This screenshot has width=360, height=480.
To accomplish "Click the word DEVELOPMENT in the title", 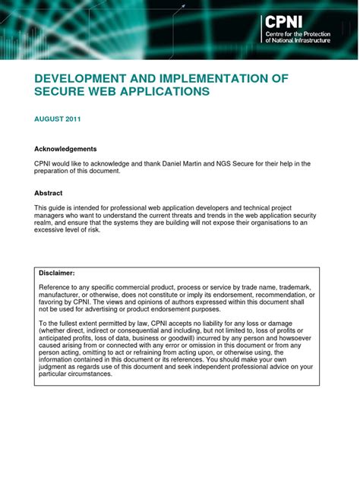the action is [77, 79].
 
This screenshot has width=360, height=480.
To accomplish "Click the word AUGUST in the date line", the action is [48, 119].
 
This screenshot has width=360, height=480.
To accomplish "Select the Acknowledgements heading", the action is [65, 149].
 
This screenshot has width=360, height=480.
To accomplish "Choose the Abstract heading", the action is [49, 193].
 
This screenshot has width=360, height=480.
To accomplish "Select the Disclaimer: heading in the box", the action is [58, 272].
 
